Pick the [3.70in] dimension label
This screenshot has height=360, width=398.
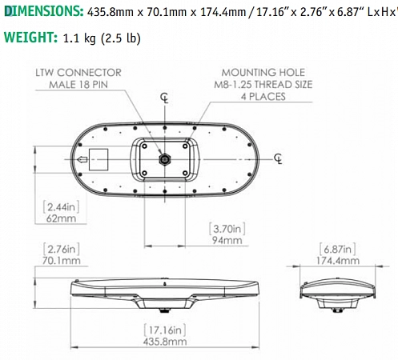227,228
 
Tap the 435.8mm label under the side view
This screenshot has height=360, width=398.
165,341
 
